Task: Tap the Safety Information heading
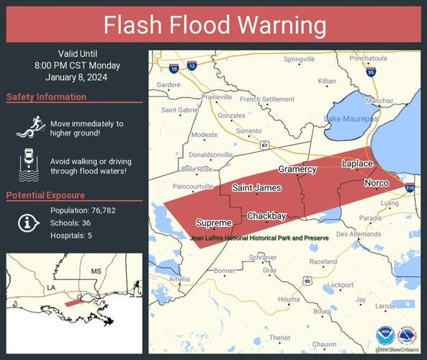[47, 97]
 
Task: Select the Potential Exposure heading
[45, 195]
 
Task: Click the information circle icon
[28, 223]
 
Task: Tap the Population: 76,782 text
[83, 210]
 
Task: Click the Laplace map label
[356, 164]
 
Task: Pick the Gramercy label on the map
[297, 169]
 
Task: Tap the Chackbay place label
[266, 216]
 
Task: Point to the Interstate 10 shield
[174, 68]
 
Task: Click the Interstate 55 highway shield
[370, 72]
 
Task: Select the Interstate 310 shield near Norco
[410, 188]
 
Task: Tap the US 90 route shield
[307, 280]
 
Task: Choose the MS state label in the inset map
[96, 271]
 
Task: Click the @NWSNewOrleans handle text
[397, 350]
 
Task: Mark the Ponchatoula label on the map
[368, 58]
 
